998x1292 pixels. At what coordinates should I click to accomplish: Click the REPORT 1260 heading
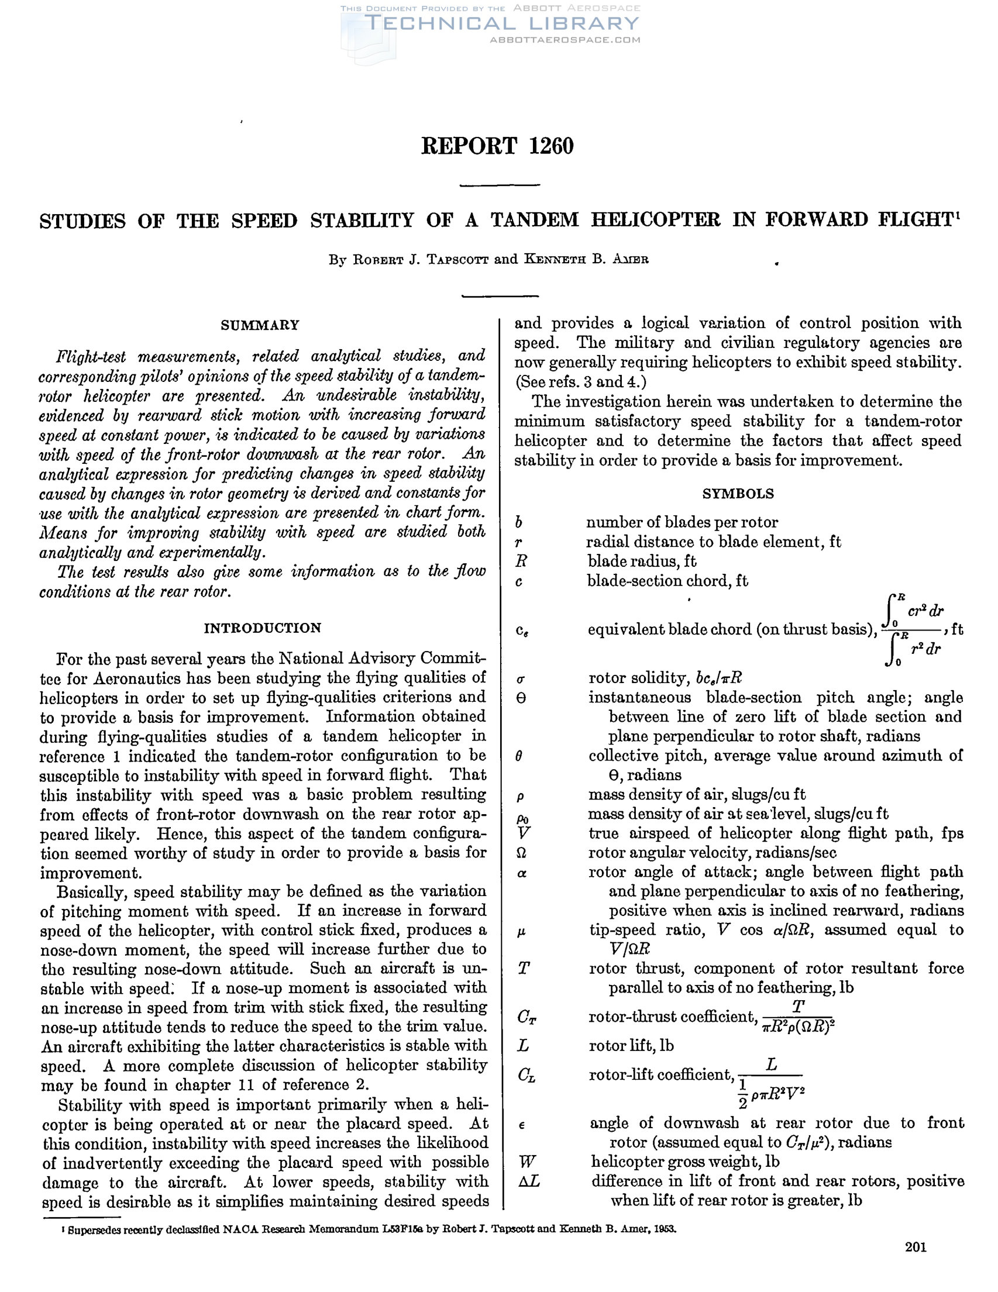pos(497,146)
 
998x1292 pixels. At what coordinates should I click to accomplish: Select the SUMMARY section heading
pos(260,325)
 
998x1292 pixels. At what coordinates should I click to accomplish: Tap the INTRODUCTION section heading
pos(263,628)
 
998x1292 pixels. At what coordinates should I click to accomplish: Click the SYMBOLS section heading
pos(738,494)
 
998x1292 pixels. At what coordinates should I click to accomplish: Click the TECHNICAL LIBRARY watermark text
pos(502,23)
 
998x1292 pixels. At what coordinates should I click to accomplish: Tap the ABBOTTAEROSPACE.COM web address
pos(565,40)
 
